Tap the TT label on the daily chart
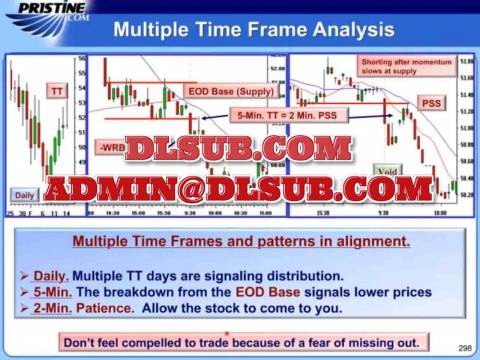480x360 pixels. (58, 91)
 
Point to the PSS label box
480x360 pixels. (430, 103)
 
